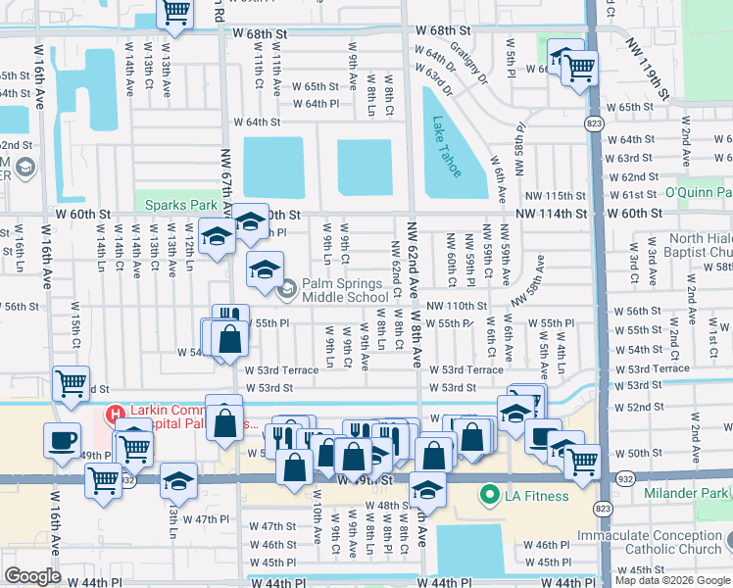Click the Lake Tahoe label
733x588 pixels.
[x=446, y=148]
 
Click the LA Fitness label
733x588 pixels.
[x=537, y=496]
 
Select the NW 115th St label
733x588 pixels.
[x=555, y=196]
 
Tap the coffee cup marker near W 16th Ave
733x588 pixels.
[x=62, y=439]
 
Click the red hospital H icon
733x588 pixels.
[x=115, y=413]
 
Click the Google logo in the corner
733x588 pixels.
[x=32, y=576]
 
